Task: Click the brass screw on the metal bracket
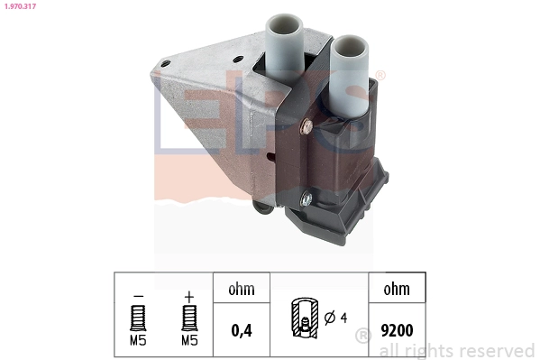(x=307, y=125)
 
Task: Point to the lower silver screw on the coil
(x=307, y=200)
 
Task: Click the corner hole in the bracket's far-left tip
(x=165, y=62)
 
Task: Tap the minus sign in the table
(x=138, y=295)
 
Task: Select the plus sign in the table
(x=188, y=295)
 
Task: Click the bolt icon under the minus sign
(x=138, y=317)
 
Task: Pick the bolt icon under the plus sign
(x=188, y=317)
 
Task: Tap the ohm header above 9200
(x=397, y=290)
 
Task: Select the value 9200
(x=397, y=330)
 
